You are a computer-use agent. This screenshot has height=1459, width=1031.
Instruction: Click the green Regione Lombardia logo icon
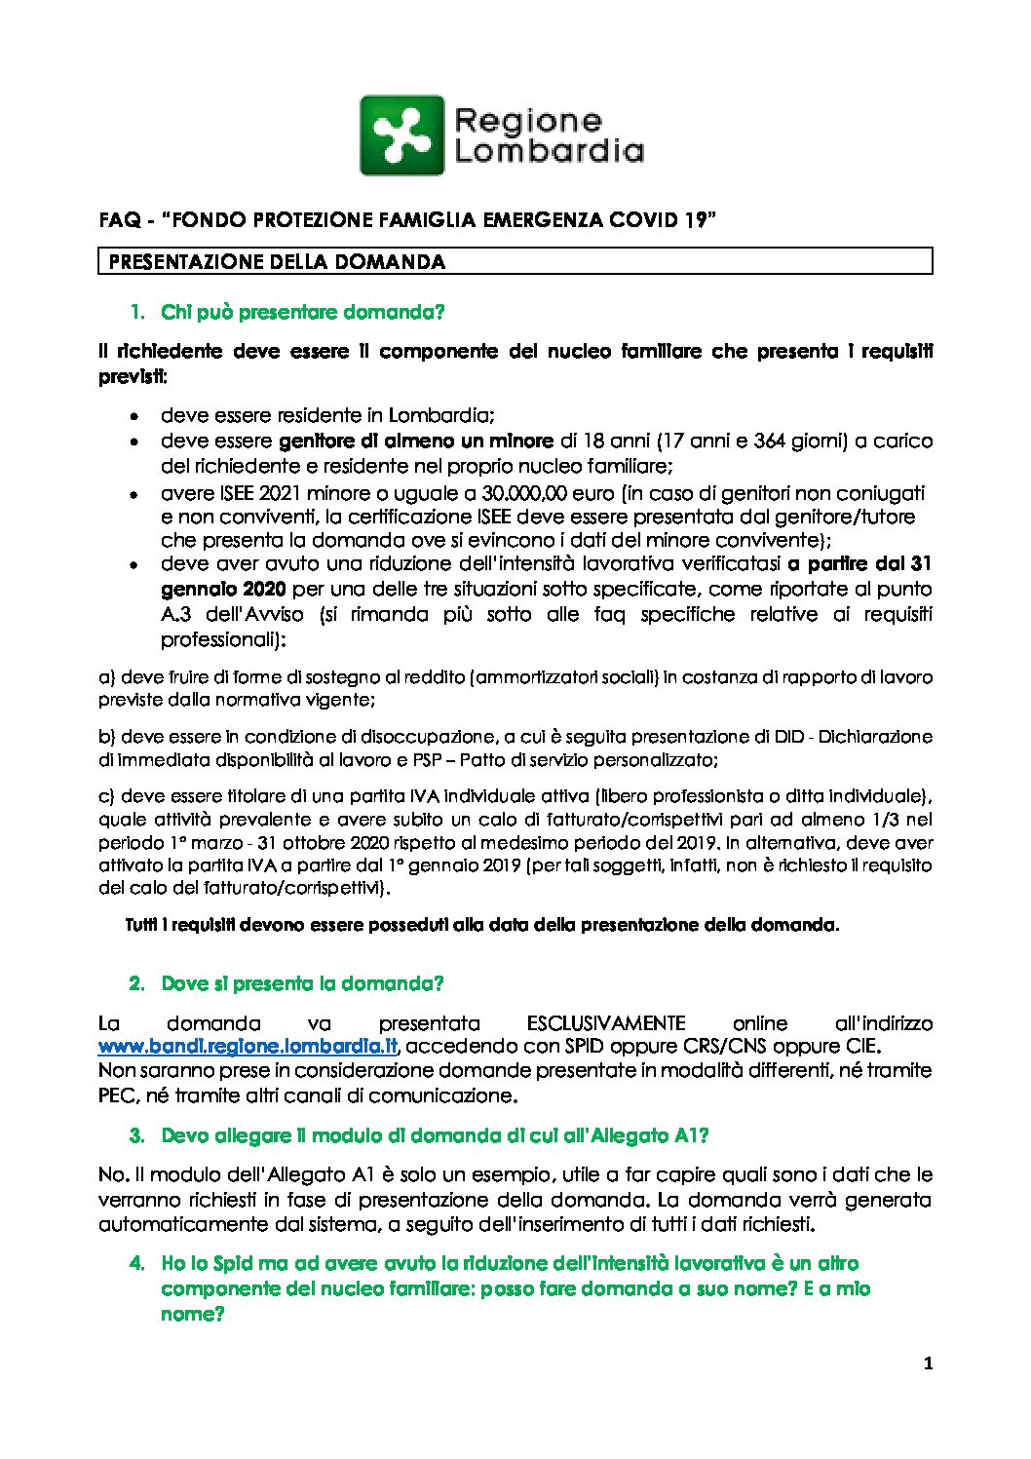(x=401, y=134)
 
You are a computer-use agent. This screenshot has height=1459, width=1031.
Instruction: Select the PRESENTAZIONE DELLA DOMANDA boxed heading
(x=277, y=262)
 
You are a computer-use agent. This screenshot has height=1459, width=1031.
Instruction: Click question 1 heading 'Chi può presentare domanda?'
(x=302, y=313)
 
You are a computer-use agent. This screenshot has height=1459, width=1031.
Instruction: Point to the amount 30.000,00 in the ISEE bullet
(x=525, y=493)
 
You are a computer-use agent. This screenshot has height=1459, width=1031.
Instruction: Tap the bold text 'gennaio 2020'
(x=223, y=589)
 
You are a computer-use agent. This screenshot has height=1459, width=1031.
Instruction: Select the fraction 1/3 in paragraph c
(x=895, y=820)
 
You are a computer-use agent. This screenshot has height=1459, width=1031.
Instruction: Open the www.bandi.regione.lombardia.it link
(x=249, y=1047)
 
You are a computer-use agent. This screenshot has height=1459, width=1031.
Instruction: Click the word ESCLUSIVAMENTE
(x=605, y=1023)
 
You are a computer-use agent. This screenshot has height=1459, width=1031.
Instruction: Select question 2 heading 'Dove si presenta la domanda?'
(x=302, y=983)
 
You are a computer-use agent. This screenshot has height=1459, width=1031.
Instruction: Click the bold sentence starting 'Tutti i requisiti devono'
(x=481, y=925)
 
